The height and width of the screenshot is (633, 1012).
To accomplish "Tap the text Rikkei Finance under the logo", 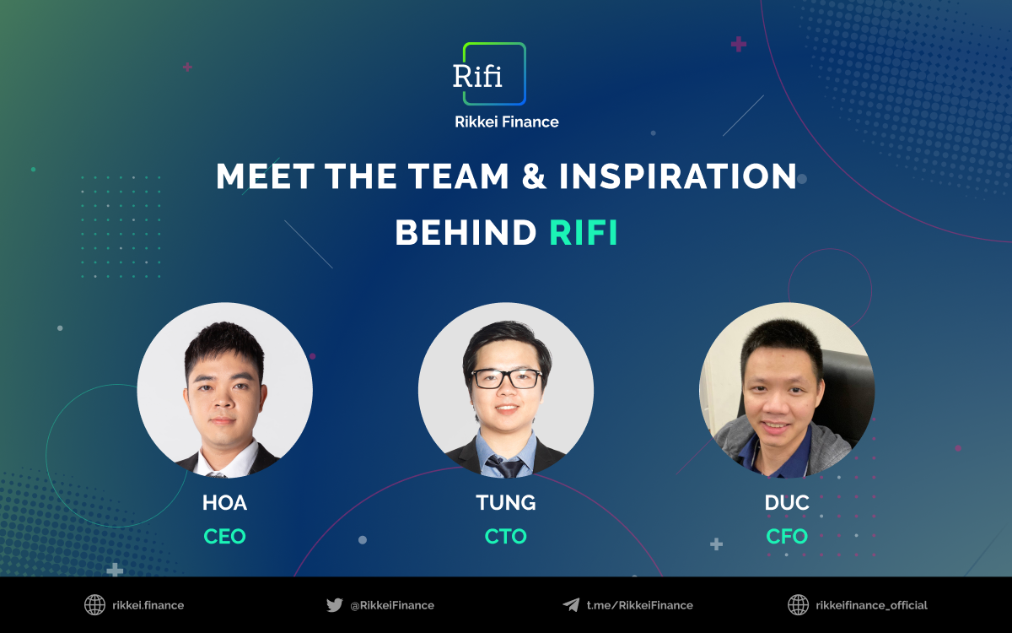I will pos(506,122).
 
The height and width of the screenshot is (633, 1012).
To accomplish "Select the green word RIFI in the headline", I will pos(584,233).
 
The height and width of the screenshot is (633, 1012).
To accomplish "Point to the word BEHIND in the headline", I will pos(466,233).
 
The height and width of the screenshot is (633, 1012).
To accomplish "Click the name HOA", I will pos(224,503).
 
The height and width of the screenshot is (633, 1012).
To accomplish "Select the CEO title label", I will pos(224,536).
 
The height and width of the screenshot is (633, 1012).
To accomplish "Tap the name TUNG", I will pos(506,503).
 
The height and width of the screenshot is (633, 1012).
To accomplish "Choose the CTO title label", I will pos(506,536).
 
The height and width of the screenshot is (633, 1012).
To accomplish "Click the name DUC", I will pos(787,503).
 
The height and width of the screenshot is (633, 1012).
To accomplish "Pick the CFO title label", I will pos(787,536).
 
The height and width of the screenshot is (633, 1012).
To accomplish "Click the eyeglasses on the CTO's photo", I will pos(506,379).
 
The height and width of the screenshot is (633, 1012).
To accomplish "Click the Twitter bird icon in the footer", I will pos(335,605).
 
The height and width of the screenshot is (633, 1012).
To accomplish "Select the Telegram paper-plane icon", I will pos(571,605).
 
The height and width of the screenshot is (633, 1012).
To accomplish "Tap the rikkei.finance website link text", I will pos(148,605).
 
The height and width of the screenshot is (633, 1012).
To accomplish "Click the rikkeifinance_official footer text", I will pos(871,605).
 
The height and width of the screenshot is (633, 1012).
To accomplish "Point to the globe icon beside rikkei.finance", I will pos(94,605).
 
